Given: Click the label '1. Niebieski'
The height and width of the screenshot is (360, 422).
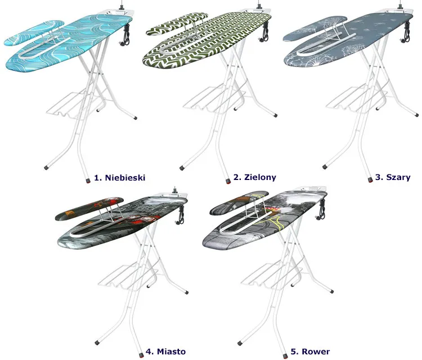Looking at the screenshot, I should tap(120, 177).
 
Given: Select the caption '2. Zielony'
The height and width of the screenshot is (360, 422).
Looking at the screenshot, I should tap(255, 177).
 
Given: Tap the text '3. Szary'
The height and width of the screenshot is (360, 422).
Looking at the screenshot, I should tap(393, 177).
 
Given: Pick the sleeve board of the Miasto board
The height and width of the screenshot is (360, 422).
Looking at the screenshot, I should tap(87, 209).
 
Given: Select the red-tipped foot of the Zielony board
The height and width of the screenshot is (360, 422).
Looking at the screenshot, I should tap(226, 181).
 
